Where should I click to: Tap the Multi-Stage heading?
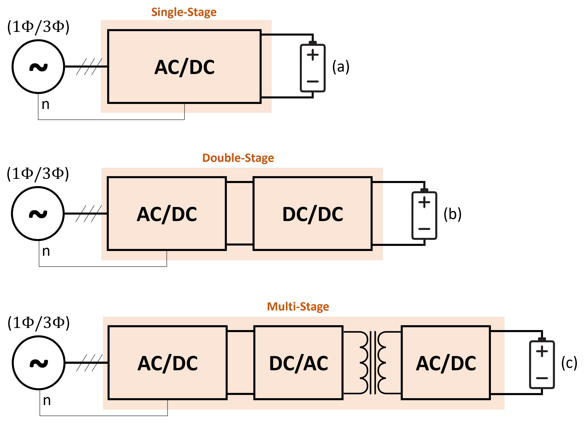pyautogui.click(x=298, y=307)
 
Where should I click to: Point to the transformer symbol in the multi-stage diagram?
pyautogui.click(x=373, y=363)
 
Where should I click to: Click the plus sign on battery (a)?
pyautogui.click(x=313, y=55)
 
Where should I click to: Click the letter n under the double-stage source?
pyautogui.click(x=46, y=251)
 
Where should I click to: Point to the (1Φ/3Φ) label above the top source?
pyautogui.click(x=38, y=27)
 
